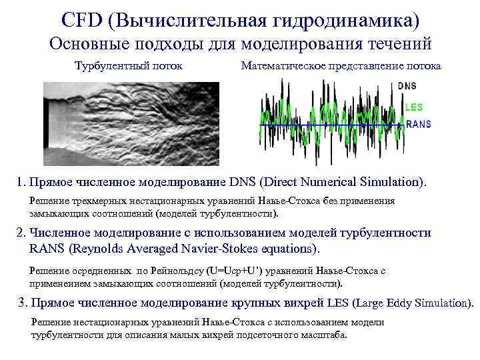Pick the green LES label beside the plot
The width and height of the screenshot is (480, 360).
413,107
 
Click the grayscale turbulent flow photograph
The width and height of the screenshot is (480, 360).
131,123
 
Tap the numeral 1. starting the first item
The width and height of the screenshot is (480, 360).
22,182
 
